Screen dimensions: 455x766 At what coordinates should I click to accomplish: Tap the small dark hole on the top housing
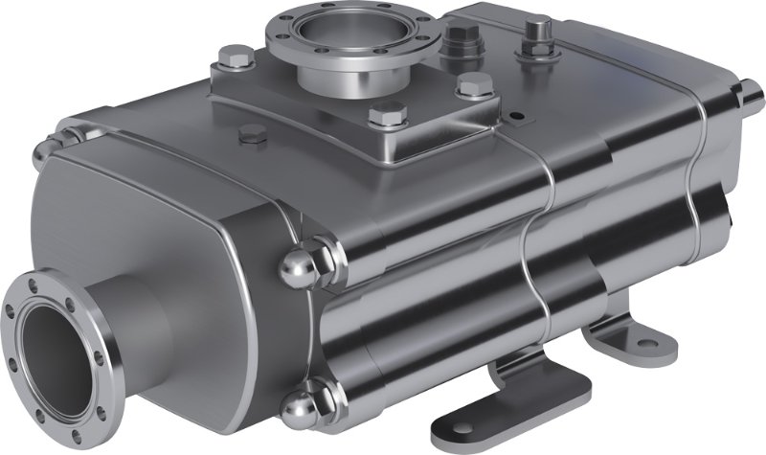(518, 117)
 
